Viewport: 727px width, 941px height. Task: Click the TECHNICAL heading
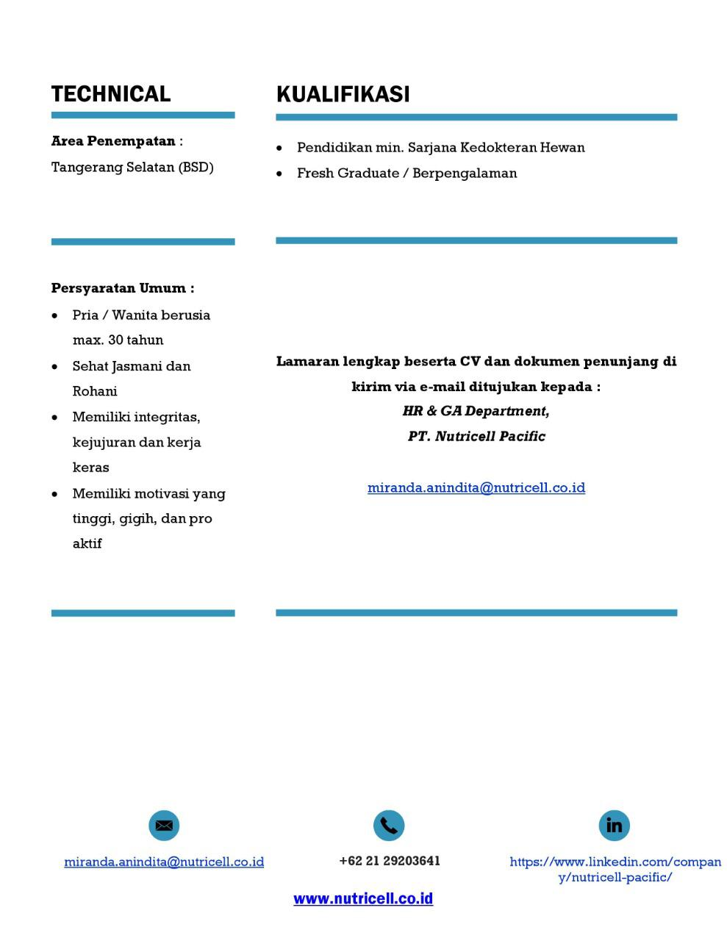click(x=111, y=94)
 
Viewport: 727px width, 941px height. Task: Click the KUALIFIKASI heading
click(x=343, y=94)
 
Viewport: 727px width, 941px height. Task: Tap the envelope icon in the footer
click(x=164, y=826)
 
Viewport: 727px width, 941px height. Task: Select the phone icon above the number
click(x=389, y=826)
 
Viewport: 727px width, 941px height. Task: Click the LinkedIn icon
click(x=614, y=826)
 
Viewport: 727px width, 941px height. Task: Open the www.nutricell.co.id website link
click(x=363, y=898)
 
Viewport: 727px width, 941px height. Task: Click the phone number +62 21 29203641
click(x=390, y=861)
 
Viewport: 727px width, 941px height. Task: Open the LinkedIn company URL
click(x=615, y=869)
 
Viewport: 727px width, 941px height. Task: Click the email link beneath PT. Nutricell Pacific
click(x=476, y=487)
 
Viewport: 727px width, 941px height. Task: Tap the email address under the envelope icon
click(x=164, y=862)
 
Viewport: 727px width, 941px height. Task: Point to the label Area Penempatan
click(x=113, y=140)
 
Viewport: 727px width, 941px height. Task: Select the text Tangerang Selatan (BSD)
click(x=132, y=167)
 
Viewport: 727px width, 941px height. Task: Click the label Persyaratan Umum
click(x=122, y=288)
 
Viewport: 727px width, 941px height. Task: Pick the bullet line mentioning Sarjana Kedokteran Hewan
click(x=441, y=147)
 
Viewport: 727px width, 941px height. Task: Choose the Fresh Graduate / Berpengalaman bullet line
click(x=407, y=173)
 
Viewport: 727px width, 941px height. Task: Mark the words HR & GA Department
click(x=476, y=411)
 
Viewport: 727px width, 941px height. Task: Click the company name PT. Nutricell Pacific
click(x=476, y=436)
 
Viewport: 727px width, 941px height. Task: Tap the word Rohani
click(x=95, y=391)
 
